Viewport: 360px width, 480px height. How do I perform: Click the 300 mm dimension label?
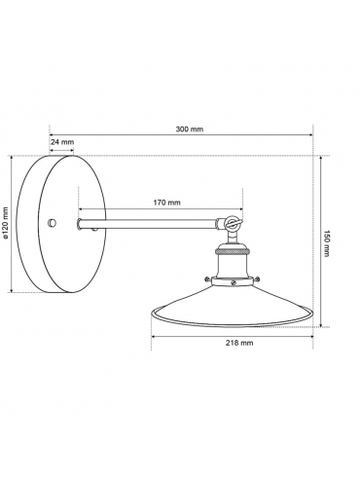pyautogui.click(x=190, y=129)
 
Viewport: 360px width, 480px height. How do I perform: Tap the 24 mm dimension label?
pyautogui.click(x=62, y=142)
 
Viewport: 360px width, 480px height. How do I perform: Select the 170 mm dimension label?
pyautogui.click(x=166, y=203)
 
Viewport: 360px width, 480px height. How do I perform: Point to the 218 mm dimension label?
pyautogui.click(x=239, y=343)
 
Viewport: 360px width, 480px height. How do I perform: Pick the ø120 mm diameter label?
pyautogui.click(x=5, y=223)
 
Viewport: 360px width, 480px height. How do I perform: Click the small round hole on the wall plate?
pyautogui.click(x=52, y=223)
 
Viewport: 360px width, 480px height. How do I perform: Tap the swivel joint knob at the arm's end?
pyautogui.click(x=233, y=223)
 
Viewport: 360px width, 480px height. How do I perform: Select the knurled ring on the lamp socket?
pyautogui.click(x=233, y=250)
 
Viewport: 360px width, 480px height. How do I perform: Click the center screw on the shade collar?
pyautogui.click(x=234, y=282)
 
